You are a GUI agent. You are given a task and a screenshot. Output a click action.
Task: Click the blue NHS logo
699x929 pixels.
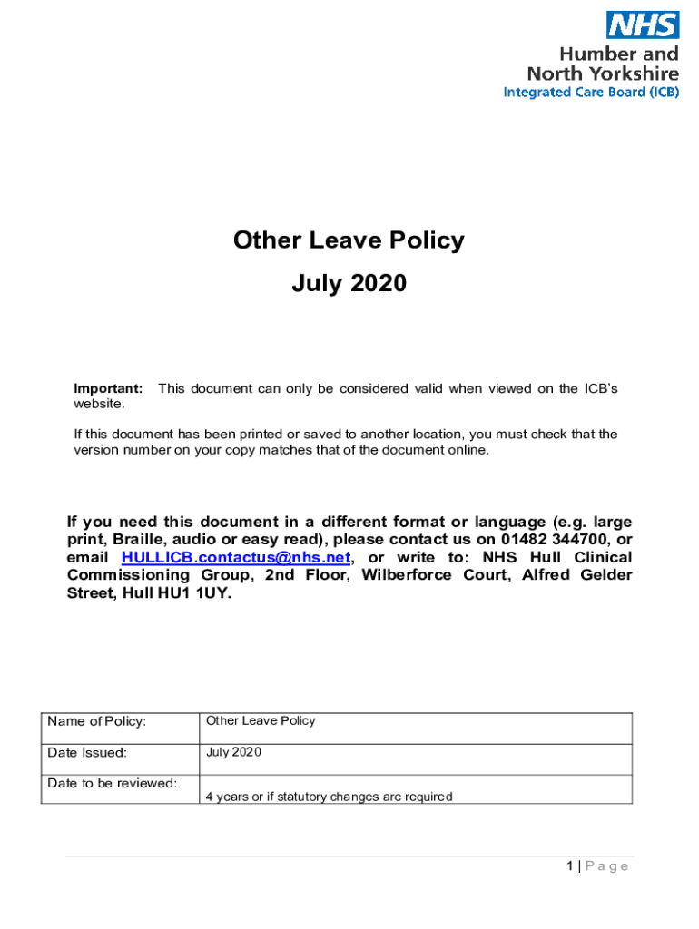point(642,24)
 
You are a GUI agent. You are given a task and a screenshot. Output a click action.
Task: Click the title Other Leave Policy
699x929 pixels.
point(349,240)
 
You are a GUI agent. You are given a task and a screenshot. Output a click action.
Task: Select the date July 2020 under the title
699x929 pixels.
point(349,284)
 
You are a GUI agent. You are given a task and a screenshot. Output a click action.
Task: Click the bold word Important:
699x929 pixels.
point(108,389)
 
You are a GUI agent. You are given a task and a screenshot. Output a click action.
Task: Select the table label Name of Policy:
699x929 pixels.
point(97,722)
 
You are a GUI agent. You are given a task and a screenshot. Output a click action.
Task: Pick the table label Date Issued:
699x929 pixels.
point(87,752)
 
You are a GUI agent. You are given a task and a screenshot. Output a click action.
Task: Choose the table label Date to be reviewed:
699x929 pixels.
point(112,783)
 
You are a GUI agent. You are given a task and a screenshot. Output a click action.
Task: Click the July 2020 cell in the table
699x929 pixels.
point(233,752)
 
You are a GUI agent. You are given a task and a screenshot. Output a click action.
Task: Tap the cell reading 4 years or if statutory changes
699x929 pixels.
point(329,797)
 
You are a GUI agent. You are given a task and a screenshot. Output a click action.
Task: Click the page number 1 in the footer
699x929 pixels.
point(569,866)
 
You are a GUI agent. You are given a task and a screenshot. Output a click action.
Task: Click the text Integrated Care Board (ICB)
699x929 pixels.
point(591,92)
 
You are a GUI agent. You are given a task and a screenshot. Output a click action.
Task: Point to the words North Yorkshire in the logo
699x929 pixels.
point(603,73)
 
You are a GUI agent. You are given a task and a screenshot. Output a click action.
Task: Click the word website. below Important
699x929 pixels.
point(99,404)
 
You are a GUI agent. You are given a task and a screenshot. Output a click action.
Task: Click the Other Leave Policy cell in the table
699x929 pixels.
point(261,721)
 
